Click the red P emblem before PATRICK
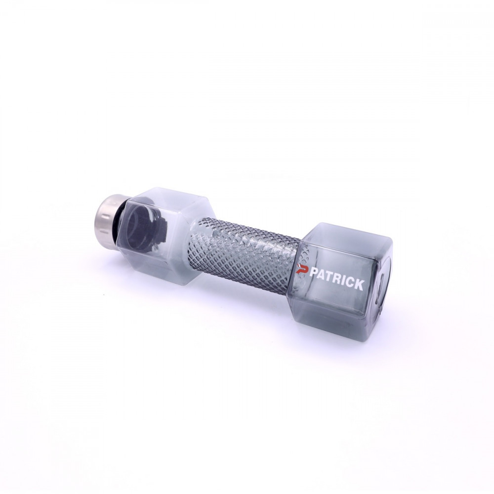[x=302, y=270]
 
